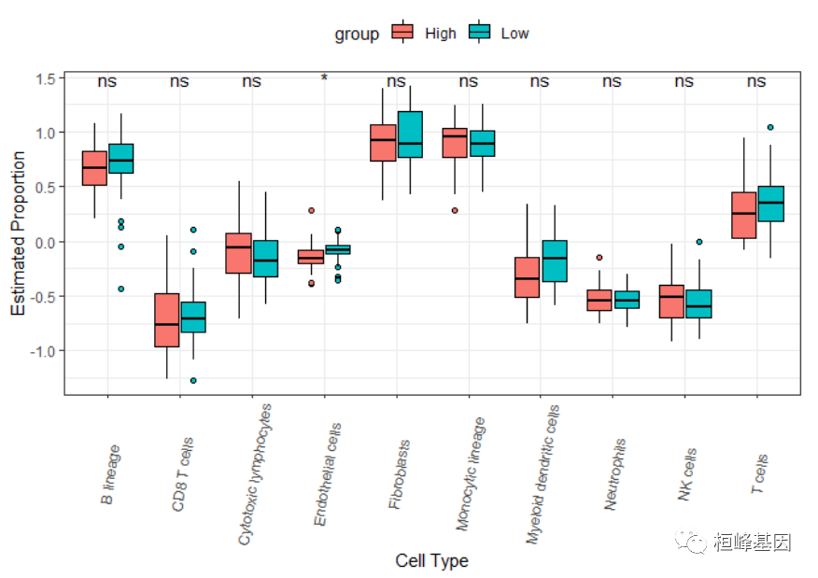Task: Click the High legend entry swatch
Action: click(x=402, y=33)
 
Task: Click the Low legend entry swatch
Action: click(x=479, y=33)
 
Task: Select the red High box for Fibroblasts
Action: click(x=383, y=143)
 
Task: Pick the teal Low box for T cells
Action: click(x=770, y=204)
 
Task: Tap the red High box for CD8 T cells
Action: click(x=166, y=320)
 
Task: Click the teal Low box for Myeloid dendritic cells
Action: click(x=555, y=261)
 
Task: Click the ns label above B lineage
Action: click(x=107, y=81)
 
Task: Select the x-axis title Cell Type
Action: click(x=431, y=561)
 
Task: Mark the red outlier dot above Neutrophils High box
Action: click(x=599, y=257)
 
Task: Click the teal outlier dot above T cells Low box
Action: click(x=770, y=127)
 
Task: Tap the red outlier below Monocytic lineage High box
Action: click(x=455, y=211)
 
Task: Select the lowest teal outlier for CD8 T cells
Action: click(x=193, y=381)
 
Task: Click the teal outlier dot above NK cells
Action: click(x=698, y=242)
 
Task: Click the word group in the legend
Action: click(x=357, y=35)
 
